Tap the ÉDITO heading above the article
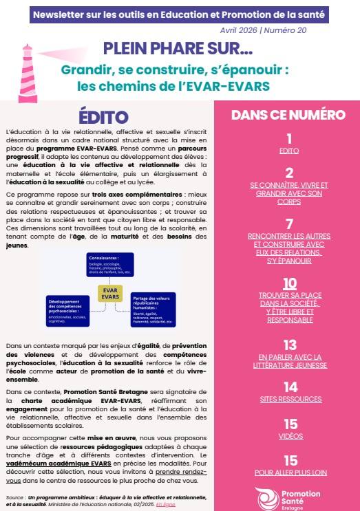pos(103,116)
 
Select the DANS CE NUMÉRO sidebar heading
pos(288,115)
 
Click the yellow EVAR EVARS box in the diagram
pos(109,293)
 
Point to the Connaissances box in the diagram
pos(109,264)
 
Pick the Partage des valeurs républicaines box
pos(152,307)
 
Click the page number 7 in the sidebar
pos(289,224)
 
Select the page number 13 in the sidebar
pos(289,345)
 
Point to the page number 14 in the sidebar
pos(289,387)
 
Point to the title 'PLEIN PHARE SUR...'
pos(178,48)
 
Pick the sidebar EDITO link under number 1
pos(289,150)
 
